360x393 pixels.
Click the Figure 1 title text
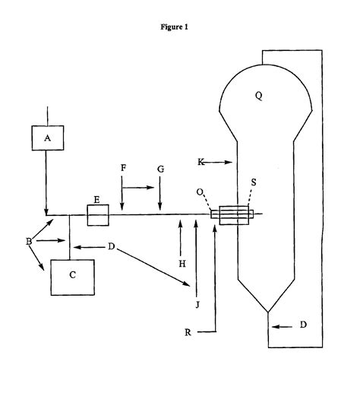pos(175,27)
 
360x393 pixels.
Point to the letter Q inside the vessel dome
pos(260,96)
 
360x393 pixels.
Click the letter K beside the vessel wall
pos(201,162)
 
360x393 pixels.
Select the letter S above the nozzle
pos(254,182)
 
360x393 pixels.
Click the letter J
pos(197,305)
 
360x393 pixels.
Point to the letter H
pos(180,263)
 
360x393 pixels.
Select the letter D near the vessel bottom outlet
pos(304,325)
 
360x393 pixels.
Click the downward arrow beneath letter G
pos(160,197)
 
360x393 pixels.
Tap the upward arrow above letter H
pos(180,236)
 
